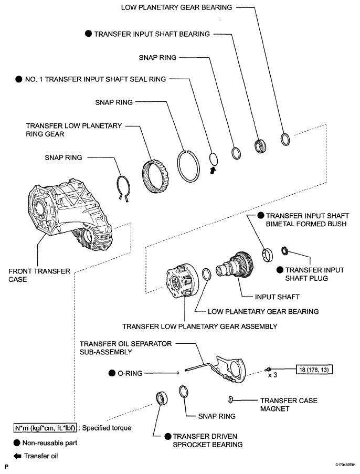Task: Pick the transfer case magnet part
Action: (230, 399)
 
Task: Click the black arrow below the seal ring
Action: (213, 170)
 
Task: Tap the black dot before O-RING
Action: (112, 373)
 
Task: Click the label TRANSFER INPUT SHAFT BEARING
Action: (152, 34)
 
